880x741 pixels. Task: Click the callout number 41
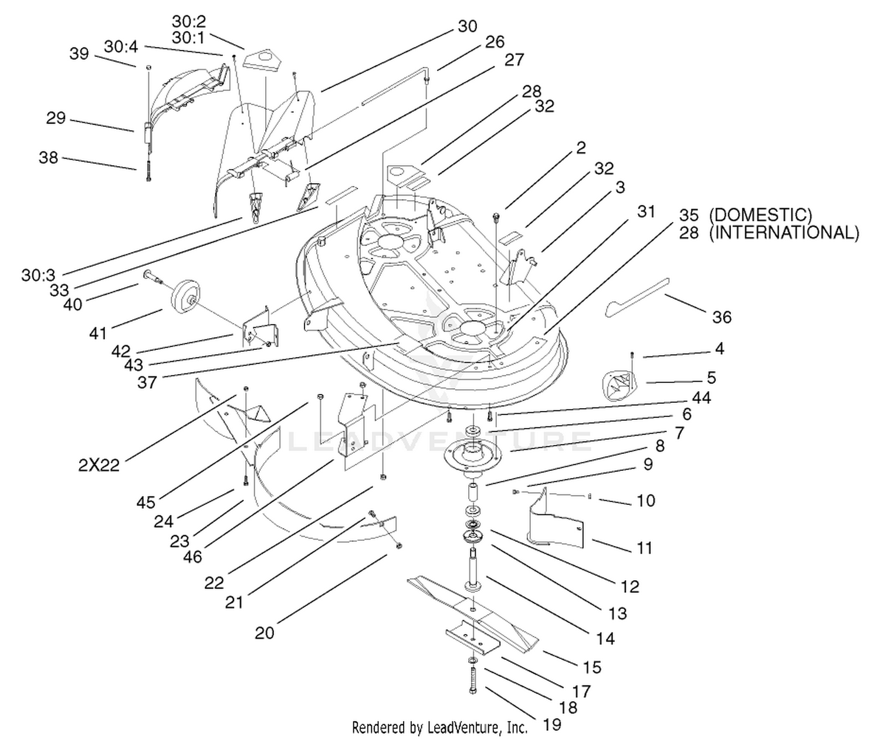tap(98, 334)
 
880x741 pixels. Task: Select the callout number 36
tap(722, 317)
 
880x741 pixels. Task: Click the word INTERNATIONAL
tap(784, 233)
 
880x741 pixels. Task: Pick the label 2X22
tap(99, 465)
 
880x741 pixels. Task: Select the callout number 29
tap(56, 118)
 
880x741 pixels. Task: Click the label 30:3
tap(38, 275)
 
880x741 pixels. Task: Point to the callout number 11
tap(644, 548)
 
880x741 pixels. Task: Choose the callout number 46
tap(192, 557)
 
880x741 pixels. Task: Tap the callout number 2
tap(581, 147)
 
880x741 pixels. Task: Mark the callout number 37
tap(147, 382)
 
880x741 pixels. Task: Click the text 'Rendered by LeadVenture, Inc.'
tap(439, 727)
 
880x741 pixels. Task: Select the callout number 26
tap(495, 42)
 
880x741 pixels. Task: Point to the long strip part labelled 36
tap(637, 298)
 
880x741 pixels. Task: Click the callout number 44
tap(701, 398)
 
